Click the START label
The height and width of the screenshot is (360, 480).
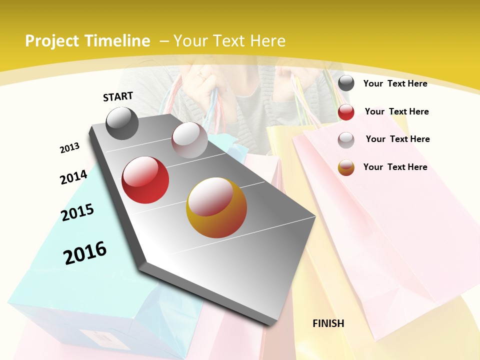click(x=118, y=96)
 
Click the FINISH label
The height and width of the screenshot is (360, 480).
click(x=328, y=323)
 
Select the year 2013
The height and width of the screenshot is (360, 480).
click(x=69, y=148)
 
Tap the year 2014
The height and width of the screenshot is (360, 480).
click(x=73, y=177)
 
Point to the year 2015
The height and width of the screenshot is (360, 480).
click(x=77, y=212)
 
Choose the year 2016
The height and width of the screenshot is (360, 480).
click(x=85, y=252)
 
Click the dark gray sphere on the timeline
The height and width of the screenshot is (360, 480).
click(x=122, y=123)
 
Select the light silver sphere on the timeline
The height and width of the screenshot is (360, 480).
click(x=189, y=140)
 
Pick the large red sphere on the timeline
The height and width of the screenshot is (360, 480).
click(x=145, y=180)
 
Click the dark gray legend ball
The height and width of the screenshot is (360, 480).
click(x=346, y=83)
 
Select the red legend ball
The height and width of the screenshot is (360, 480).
click(x=346, y=112)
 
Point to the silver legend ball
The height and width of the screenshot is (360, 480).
click(x=346, y=139)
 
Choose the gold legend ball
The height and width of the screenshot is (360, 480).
click(x=346, y=167)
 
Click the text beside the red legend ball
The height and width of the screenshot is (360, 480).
click(x=396, y=111)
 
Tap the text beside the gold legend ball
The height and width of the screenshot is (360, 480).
click(x=395, y=167)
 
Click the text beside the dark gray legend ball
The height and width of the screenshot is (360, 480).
click(x=395, y=83)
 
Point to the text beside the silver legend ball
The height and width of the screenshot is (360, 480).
click(x=397, y=139)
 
